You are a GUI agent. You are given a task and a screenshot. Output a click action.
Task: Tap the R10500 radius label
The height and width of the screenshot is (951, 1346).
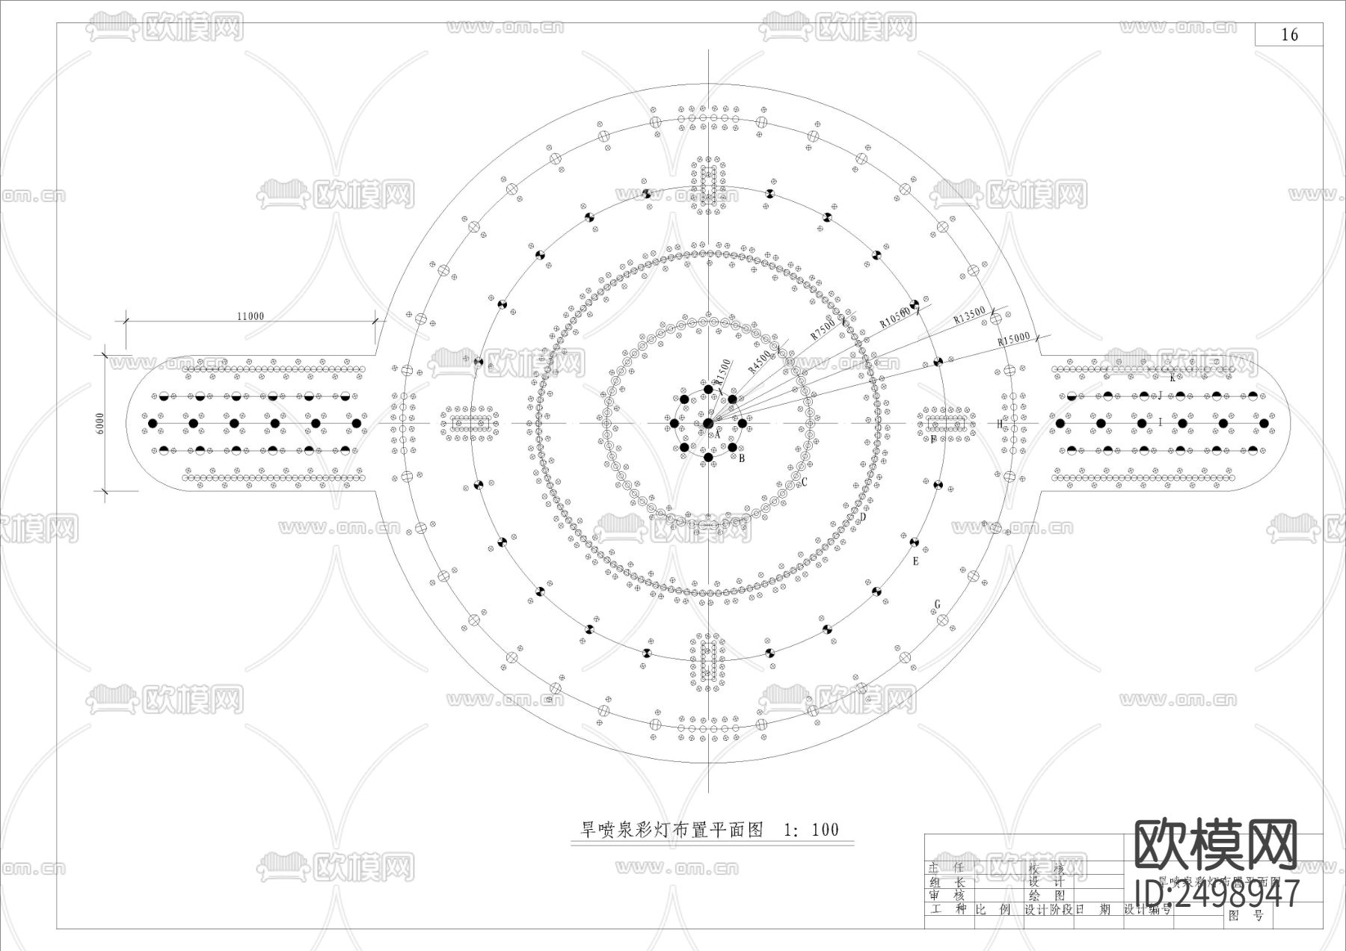(895, 317)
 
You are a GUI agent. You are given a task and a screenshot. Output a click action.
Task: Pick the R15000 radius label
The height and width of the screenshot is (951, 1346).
(1014, 339)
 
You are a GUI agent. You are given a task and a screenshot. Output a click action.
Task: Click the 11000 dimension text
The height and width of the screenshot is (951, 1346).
(251, 316)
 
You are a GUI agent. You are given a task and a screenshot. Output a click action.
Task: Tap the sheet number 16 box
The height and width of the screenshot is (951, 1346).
(1289, 34)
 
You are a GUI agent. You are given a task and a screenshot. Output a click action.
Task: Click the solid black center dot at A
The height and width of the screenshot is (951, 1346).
(708, 424)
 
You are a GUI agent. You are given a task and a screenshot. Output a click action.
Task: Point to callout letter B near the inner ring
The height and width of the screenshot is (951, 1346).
(742, 458)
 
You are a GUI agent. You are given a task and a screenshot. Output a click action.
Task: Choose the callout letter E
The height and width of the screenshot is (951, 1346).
(915, 561)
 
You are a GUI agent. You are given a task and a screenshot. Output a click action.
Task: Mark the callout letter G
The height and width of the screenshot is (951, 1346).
(938, 605)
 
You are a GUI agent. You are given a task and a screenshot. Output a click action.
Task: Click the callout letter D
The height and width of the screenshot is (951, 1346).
(863, 517)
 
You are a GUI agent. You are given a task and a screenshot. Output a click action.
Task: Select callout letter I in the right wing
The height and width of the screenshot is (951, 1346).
(1161, 422)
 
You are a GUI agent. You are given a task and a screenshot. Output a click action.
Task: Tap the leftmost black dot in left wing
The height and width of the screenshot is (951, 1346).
(153, 424)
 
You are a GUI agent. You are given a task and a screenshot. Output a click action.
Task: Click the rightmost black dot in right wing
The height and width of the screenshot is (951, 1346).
(1264, 424)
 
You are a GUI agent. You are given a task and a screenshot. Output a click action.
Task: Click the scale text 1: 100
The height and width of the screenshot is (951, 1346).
(811, 830)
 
